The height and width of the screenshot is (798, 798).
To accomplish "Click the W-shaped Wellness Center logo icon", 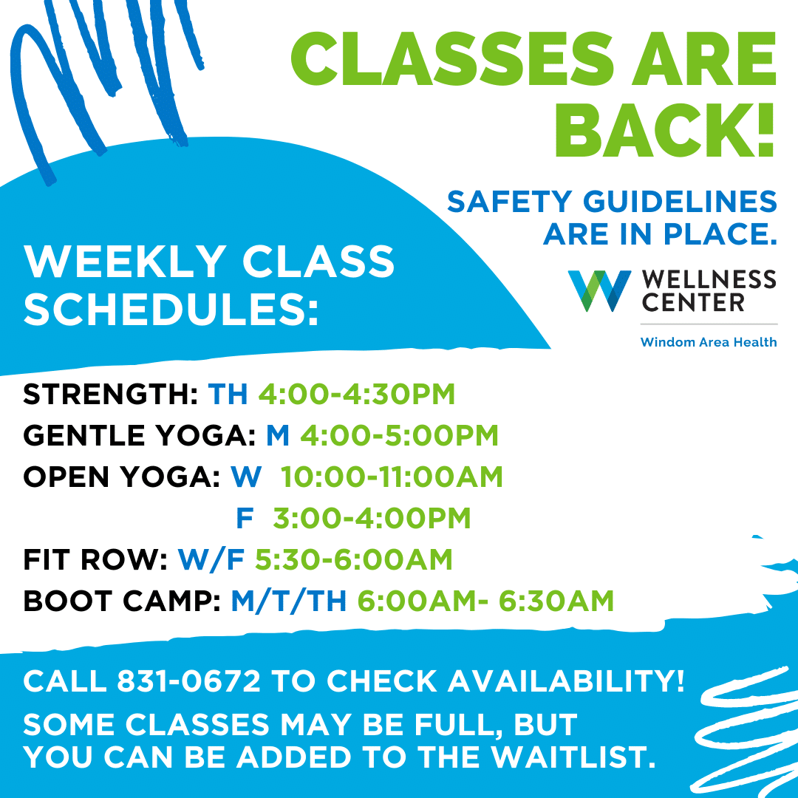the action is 599,290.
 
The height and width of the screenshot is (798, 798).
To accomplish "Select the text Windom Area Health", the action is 709,342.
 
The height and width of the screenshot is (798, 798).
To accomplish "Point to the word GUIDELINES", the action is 680,201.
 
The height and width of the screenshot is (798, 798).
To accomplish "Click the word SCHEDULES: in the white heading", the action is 171,310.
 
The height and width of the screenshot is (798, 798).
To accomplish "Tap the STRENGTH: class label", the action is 110,394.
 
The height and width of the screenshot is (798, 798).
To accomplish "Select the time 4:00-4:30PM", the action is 357,394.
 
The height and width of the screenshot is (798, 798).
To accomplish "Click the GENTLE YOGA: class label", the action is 140,436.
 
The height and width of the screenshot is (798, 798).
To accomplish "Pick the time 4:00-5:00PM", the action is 400,436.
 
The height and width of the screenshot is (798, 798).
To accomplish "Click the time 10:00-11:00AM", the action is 392,477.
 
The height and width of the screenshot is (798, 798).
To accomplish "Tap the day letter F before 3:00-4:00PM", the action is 245,518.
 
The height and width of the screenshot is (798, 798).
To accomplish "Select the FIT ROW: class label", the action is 95,560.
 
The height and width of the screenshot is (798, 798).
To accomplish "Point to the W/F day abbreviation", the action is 211,560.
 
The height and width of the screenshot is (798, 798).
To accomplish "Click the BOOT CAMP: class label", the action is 122,601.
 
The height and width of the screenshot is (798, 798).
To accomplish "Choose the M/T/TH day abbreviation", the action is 289,601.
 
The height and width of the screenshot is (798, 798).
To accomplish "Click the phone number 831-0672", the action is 189,681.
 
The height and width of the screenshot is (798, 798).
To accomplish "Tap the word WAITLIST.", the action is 573,757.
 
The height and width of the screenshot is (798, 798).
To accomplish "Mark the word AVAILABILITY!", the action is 566,681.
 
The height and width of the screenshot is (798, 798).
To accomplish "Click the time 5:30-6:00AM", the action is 354,560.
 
